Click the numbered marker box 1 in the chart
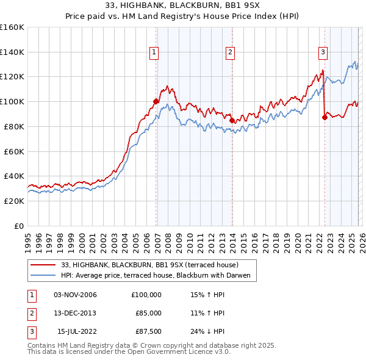tap(154, 53)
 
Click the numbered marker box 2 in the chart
tap(230, 53)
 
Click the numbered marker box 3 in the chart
tap(322, 53)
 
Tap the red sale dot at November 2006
tap(156, 101)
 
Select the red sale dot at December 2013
tap(232, 120)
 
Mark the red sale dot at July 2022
tap(325, 117)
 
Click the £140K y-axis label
tap(12, 52)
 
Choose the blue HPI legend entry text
tap(157, 275)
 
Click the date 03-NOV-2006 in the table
tap(75, 295)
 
